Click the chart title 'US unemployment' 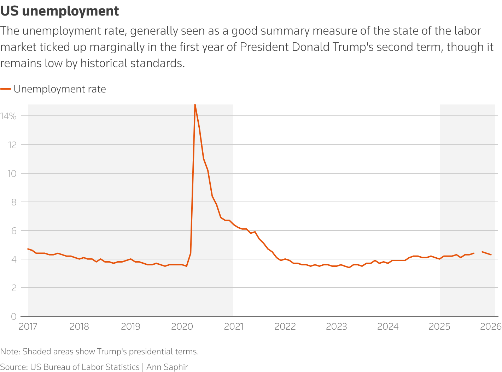point(59,11)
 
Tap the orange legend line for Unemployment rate point(6,89)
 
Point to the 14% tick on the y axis point(8,116)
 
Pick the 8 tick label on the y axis point(13,202)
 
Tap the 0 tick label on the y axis point(13,317)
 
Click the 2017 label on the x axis point(28,326)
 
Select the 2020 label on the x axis point(182,326)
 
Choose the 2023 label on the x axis point(336,326)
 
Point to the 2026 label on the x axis point(491,326)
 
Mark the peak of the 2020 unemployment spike point(195,104)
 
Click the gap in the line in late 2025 point(478,252)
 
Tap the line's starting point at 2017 point(28,249)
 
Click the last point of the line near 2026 point(491,254)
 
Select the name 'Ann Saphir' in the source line point(167,367)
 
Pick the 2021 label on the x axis point(234,326)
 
